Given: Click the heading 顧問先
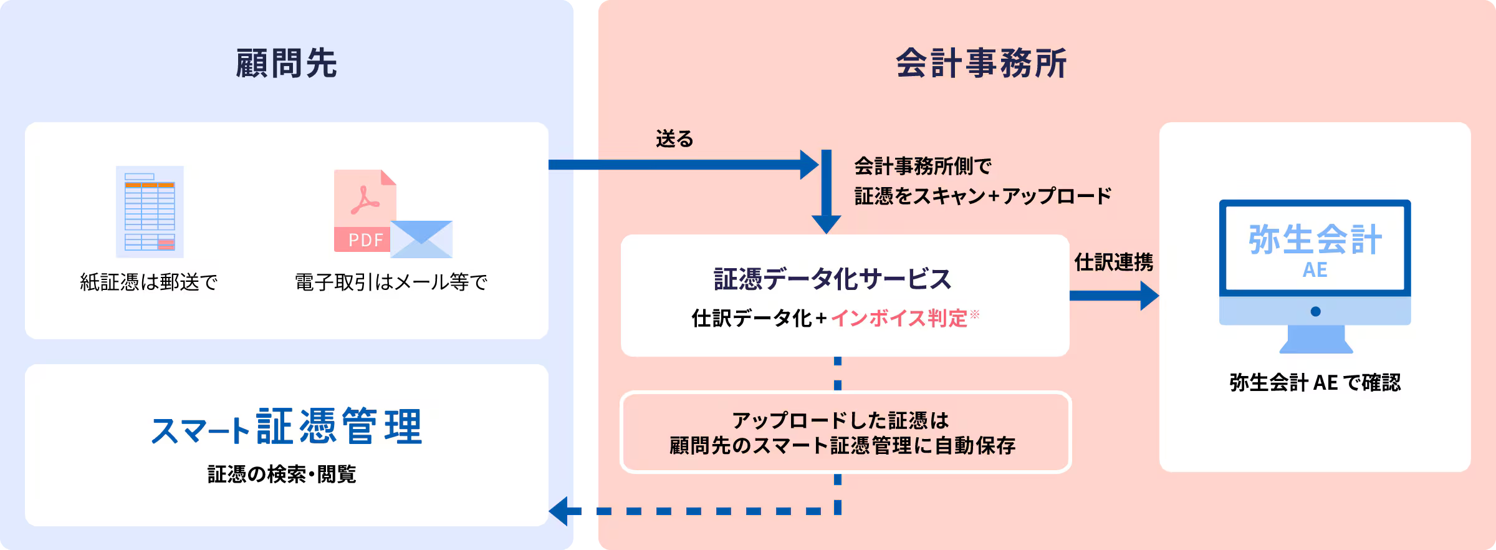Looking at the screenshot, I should pyautogui.click(x=286, y=64).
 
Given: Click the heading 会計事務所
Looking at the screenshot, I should pyautogui.click(x=981, y=64).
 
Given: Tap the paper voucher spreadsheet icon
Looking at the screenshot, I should pyautogui.click(x=150, y=211).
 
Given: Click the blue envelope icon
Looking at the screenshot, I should pyautogui.click(x=422, y=239).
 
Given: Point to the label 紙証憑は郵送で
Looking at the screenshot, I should pyautogui.click(x=149, y=282).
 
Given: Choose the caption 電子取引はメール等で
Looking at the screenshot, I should pyautogui.click(x=391, y=282).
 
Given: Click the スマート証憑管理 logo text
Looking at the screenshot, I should pyautogui.click(x=286, y=428).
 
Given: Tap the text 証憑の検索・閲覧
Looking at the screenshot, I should pyautogui.click(x=282, y=475).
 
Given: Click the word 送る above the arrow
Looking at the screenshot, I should pyautogui.click(x=674, y=138).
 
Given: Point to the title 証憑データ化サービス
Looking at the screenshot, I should pyautogui.click(x=832, y=279).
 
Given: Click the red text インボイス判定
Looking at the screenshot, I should pyautogui.click(x=899, y=319).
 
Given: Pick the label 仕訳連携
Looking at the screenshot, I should pyautogui.click(x=1113, y=263).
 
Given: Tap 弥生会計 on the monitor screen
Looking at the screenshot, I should pyautogui.click(x=1315, y=240).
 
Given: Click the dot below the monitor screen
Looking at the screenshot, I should pyautogui.click(x=1315, y=311).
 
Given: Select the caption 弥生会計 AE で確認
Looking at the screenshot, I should pyautogui.click(x=1315, y=382).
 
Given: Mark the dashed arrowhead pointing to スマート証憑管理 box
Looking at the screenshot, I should pyautogui.click(x=559, y=511).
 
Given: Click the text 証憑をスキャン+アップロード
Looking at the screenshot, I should pyautogui.click(x=982, y=196).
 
